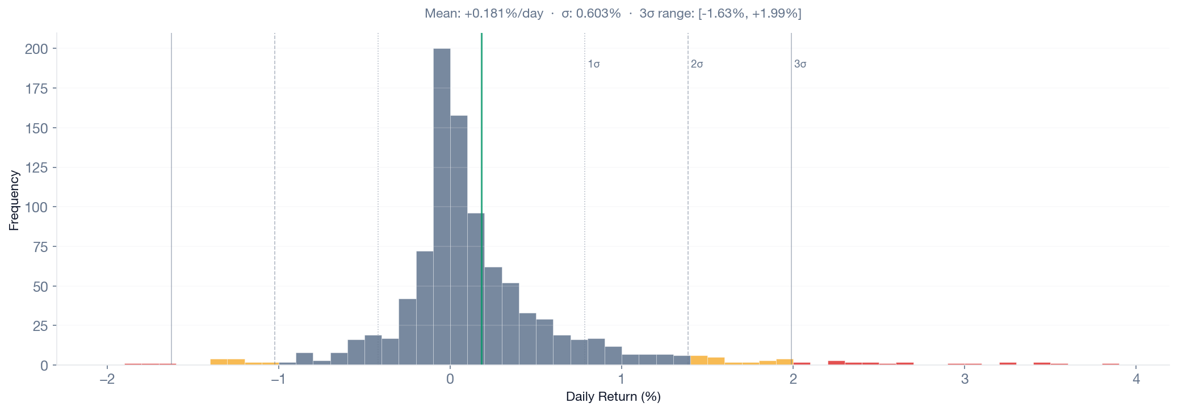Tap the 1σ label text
point(594,64)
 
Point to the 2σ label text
point(697,64)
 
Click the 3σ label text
point(800,64)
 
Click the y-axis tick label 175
point(36,89)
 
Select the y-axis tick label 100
point(36,207)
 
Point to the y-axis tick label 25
point(40,326)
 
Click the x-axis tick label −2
point(107,379)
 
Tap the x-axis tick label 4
point(1136,379)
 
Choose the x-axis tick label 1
point(622,379)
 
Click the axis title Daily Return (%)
point(613,397)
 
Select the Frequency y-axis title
point(14,200)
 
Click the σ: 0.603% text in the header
point(591,14)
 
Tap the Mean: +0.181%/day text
point(484,14)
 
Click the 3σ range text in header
point(720,14)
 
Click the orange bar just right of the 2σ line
point(699,360)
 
